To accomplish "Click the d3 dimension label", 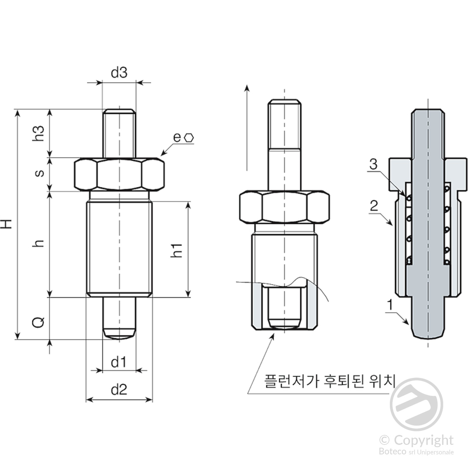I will (119, 72).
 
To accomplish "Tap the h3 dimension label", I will (39, 133).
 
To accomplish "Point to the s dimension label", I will (39, 173).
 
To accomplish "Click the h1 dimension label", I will (177, 250).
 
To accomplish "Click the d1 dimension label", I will (119, 363).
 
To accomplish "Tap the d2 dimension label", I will (119, 390).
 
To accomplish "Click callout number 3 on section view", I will (374, 164).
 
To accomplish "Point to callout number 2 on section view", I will (374, 206).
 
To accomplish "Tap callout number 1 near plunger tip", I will (390, 305).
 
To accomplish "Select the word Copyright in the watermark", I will (423, 440).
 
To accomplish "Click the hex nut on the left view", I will (119, 174).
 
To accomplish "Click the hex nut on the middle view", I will (284, 207).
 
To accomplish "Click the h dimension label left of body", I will (39, 243).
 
